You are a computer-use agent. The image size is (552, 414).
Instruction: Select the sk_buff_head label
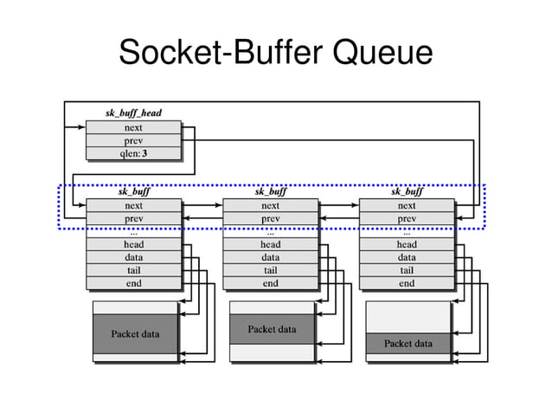[x=133, y=113]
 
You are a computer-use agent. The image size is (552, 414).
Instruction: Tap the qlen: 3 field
[x=133, y=153]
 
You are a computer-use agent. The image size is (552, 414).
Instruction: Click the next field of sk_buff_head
[x=133, y=127]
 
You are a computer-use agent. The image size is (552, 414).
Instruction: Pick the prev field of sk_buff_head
[x=133, y=140]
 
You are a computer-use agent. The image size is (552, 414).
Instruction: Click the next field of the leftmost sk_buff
[x=134, y=206]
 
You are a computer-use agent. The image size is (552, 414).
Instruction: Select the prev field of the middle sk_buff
[x=271, y=219]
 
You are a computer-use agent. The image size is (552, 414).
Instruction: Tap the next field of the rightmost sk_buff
[x=407, y=206]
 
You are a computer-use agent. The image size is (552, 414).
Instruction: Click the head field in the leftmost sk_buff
[x=134, y=245]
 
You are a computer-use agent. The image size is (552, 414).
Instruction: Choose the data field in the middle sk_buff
[x=271, y=257]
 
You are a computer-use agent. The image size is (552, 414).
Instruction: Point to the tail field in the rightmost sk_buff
[x=407, y=270]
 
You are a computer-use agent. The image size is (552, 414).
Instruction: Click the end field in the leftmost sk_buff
[x=134, y=283]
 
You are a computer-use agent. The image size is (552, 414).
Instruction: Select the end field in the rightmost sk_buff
[x=407, y=283]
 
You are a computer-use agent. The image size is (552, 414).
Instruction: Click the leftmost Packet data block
[x=135, y=333]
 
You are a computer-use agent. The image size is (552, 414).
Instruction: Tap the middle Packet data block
[x=272, y=329]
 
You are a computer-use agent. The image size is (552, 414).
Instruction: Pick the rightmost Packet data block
[x=408, y=344]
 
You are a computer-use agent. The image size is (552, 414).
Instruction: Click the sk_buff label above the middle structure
[x=271, y=192]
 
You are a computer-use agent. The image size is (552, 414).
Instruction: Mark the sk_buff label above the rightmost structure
[x=407, y=192]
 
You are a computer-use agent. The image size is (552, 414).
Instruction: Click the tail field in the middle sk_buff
[x=271, y=270]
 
